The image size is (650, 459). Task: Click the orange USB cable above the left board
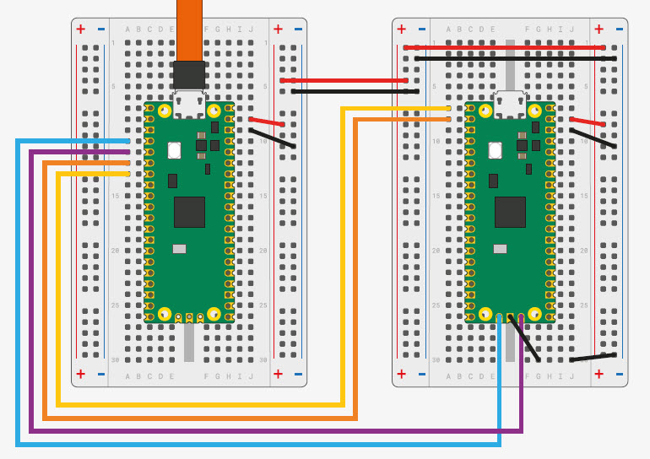(190, 30)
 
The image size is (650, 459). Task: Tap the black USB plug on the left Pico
(189, 75)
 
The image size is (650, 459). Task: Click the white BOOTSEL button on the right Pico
(496, 151)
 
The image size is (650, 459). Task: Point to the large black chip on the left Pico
(189, 212)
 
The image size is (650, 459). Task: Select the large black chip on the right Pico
(510, 212)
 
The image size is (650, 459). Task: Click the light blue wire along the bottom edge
(253, 444)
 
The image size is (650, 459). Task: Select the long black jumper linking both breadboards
(355, 91)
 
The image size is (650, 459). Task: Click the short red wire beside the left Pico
(267, 122)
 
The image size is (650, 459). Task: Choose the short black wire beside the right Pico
(593, 138)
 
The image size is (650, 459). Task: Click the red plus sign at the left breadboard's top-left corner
(81, 29)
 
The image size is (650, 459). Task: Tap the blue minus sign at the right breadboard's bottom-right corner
(619, 373)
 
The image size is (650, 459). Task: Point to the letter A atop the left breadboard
(128, 30)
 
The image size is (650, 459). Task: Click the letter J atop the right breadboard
(571, 30)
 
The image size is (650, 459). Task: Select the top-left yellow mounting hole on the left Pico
(165, 111)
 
